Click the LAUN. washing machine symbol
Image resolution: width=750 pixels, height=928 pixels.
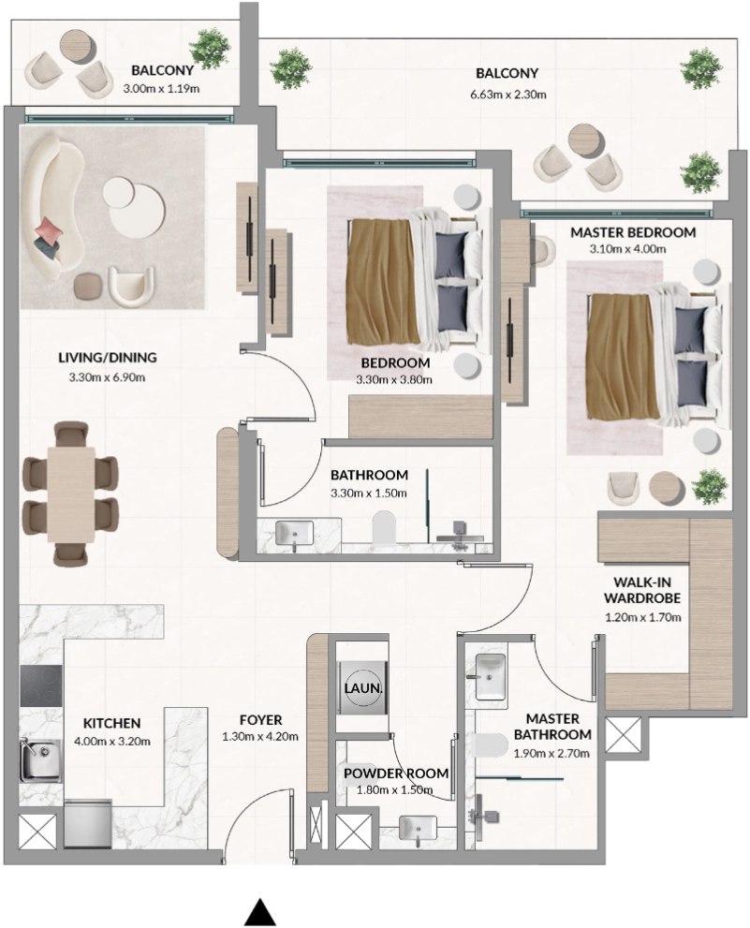363,688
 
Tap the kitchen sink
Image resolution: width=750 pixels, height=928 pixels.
39,759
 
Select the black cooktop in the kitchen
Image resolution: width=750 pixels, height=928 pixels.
41,686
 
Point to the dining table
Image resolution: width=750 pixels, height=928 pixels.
71,494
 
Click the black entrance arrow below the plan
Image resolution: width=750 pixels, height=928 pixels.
260,911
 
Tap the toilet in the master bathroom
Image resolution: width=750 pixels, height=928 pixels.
493,745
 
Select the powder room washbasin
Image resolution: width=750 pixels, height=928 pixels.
418,828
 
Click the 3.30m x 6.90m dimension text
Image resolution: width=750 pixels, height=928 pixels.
107,377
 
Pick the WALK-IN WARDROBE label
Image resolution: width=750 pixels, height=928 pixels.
642,590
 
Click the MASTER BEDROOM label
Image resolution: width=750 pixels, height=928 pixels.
633,232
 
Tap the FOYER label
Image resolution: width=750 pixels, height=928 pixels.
260,720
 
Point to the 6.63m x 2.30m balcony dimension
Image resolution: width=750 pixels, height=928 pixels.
507,94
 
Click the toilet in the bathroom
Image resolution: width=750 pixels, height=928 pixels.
384,526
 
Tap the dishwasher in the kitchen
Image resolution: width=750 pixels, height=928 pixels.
88,824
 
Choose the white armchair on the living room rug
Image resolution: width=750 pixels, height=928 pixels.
131,287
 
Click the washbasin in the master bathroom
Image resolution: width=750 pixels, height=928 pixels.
491,676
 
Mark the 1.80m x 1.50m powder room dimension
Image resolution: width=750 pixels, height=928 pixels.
394,790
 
